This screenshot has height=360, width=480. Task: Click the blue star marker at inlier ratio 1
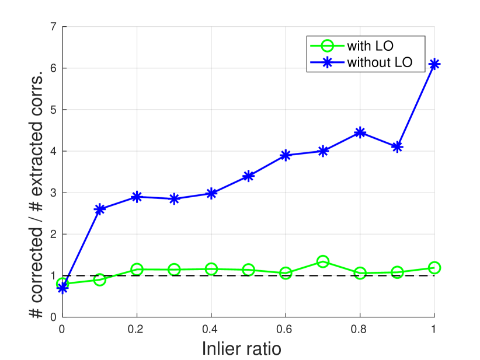(x=434, y=64)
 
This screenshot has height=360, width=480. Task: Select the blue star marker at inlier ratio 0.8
(x=360, y=132)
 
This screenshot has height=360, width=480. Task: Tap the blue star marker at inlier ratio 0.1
(x=99, y=209)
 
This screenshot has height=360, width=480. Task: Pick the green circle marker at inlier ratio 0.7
(x=322, y=261)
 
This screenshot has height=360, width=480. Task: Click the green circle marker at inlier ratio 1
(x=434, y=268)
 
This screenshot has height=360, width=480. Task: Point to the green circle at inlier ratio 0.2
(x=137, y=270)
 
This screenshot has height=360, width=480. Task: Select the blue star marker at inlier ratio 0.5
(x=248, y=176)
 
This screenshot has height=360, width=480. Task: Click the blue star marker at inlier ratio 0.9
(x=397, y=147)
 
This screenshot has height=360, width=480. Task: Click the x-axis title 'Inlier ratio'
(x=241, y=349)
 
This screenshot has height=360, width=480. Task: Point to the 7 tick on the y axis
(x=53, y=27)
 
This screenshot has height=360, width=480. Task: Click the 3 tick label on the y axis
(x=53, y=193)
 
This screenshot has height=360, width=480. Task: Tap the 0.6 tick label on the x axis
(x=285, y=329)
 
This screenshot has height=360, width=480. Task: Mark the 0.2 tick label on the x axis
(x=137, y=329)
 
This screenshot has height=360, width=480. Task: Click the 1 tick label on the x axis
(x=434, y=329)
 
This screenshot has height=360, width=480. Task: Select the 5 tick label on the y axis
(x=53, y=110)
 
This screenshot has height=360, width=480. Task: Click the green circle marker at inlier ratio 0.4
(x=211, y=269)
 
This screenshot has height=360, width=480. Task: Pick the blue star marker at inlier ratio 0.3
(x=173, y=199)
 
